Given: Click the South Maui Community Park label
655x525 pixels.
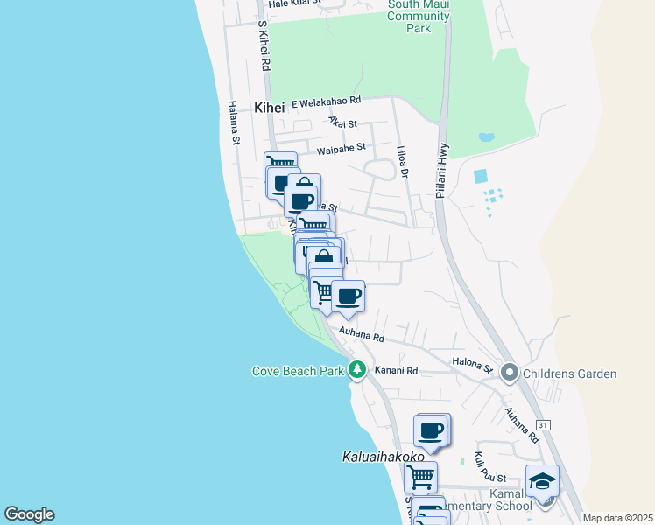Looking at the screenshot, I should pos(419,16).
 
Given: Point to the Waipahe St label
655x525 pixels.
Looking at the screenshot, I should pos(341,150).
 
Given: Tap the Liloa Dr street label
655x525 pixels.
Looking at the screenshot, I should pos(402,163).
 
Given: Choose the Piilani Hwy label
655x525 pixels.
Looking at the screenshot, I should pos(443,171).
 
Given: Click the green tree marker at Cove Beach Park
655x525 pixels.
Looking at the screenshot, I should pos(356,369).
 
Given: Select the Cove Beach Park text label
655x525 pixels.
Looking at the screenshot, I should pos(298,371).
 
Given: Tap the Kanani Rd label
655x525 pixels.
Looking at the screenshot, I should pos(397,371).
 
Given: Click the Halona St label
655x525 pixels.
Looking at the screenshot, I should pos(473,362).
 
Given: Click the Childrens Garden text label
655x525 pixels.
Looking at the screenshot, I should pos(570,374).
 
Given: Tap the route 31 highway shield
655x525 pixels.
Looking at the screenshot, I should pos(544,425).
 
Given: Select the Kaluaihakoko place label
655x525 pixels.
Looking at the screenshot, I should pos(382,457).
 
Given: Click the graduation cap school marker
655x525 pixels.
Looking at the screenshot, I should pos(542,479).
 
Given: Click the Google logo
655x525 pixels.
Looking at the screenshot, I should pos(29,514).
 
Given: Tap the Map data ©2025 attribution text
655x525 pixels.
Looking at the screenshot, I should pos(617,518).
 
